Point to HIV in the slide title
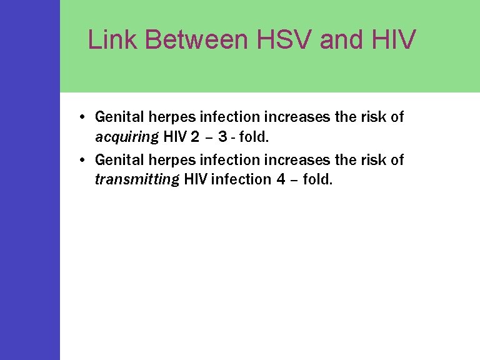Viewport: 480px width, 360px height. click(x=394, y=39)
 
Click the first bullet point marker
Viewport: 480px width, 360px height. click(x=82, y=117)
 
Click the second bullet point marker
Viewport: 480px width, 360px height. click(x=82, y=161)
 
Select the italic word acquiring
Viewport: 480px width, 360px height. click(x=127, y=136)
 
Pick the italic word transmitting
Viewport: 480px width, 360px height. click(x=136, y=180)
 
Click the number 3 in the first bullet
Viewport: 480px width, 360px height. click(x=222, y=136)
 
